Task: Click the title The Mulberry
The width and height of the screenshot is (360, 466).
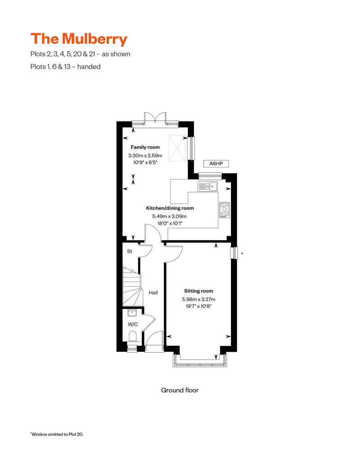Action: pos(79,39)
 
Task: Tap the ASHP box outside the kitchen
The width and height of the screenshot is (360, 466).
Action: pos(216,164)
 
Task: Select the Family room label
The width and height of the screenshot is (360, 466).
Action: pos(145,148)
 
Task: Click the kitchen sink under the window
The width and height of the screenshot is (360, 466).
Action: pos(208,186)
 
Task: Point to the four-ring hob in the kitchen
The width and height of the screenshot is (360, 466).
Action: pos(224,210)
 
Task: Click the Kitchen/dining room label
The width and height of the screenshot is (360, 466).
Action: pos(170,208)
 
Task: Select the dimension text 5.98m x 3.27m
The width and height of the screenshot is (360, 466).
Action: pos(198,299)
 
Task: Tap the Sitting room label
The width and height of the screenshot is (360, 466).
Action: pos(198,291)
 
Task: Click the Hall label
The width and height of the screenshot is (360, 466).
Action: pos(153,293)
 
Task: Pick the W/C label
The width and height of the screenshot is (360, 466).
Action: pos(132,324)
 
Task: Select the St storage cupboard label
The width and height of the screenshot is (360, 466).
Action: pos(129,251)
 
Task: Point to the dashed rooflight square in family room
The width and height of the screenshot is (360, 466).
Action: pos(177,148)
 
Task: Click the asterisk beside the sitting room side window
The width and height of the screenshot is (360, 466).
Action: pos(242,254)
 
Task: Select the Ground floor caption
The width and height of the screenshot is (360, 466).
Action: pos(180,390)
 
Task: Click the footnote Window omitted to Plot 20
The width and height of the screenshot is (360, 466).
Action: pos(57,435)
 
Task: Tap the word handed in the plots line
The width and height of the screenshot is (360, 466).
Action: pos(90,67)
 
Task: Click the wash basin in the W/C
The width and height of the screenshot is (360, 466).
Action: pos(133,314)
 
